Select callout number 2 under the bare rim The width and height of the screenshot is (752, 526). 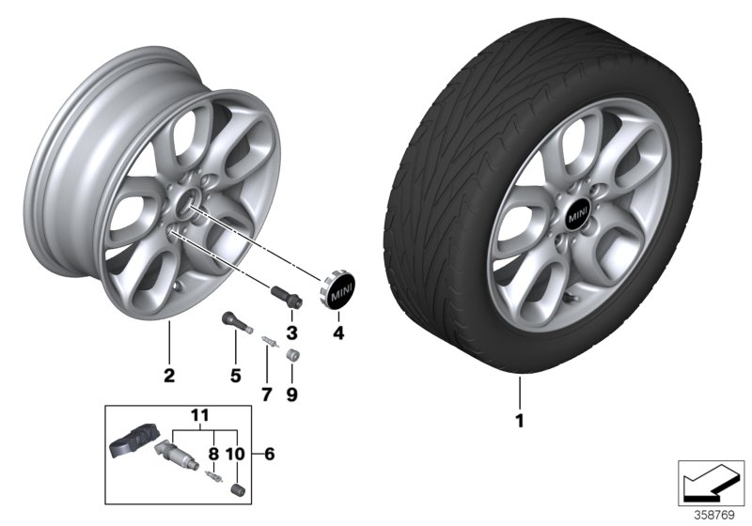click(x=169, y=376)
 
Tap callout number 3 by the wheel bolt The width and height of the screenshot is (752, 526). click(x=291, y=333)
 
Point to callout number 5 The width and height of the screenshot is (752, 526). click(x=235, y=376)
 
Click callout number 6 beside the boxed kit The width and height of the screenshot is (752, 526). click(x=271, y=454)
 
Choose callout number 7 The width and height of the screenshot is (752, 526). click(x=266, y=395)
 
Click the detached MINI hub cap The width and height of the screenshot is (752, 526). click(x=341, y=291)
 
